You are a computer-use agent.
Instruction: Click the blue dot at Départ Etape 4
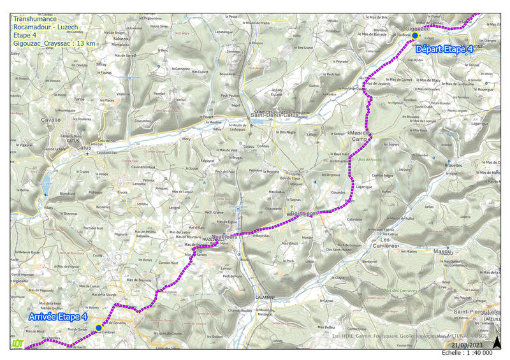click(415, 36)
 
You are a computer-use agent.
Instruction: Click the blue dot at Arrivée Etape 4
click(98, 328)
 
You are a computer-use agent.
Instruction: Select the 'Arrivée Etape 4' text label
click(59, 317)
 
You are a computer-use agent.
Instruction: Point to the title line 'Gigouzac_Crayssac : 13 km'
click(54, 43)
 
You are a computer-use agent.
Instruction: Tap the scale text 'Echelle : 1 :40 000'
click(467, 352)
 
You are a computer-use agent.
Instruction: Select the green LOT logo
click(18, 343)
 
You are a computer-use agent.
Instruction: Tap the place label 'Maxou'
click(442, 251)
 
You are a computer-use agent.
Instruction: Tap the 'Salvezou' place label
click(121, 38)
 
